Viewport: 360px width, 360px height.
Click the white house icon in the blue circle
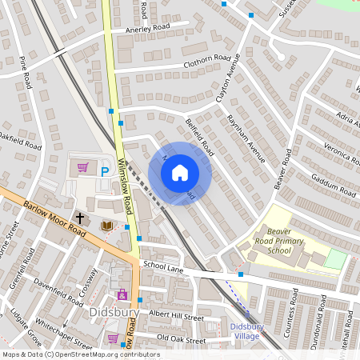[180, 172]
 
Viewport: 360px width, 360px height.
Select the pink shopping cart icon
[83, 168]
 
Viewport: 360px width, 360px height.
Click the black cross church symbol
[79, 217]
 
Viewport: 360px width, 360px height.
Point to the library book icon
[106, 226]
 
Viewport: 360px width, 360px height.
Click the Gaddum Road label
[334, 186]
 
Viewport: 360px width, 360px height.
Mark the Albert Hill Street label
[176, 317]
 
